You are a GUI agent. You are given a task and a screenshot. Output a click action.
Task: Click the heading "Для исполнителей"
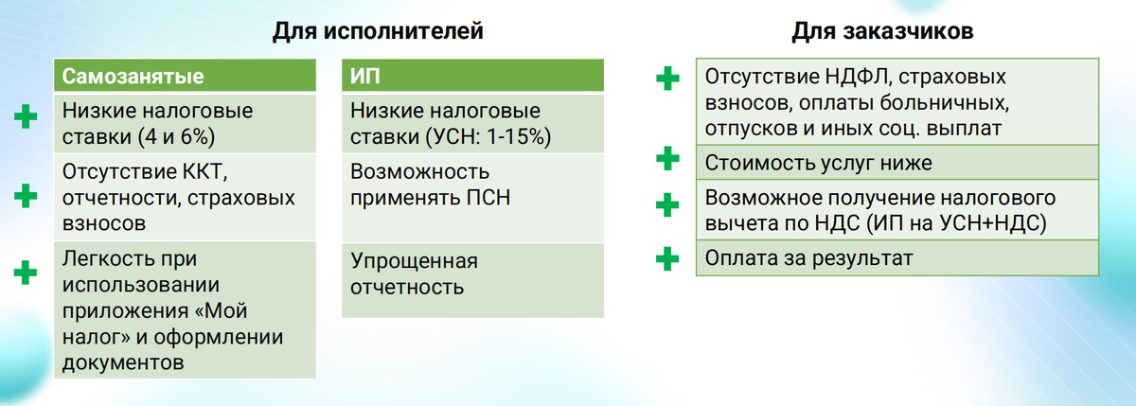[x=379, y=31]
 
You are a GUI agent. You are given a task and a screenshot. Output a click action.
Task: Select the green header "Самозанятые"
[x=133, y=77]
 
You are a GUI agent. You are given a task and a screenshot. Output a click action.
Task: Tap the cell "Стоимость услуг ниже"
[x=819, y=162]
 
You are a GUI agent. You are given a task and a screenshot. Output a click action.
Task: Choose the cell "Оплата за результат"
[x=808, y=257]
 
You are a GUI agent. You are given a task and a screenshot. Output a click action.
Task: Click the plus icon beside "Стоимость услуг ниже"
[x=668, y=159]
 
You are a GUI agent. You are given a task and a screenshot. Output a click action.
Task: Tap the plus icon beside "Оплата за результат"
[x=668, y=257]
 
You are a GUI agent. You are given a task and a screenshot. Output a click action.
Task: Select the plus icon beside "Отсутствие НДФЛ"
[x=668, y=79]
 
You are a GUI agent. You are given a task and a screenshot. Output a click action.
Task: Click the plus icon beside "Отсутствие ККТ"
[x=26, y=197]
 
